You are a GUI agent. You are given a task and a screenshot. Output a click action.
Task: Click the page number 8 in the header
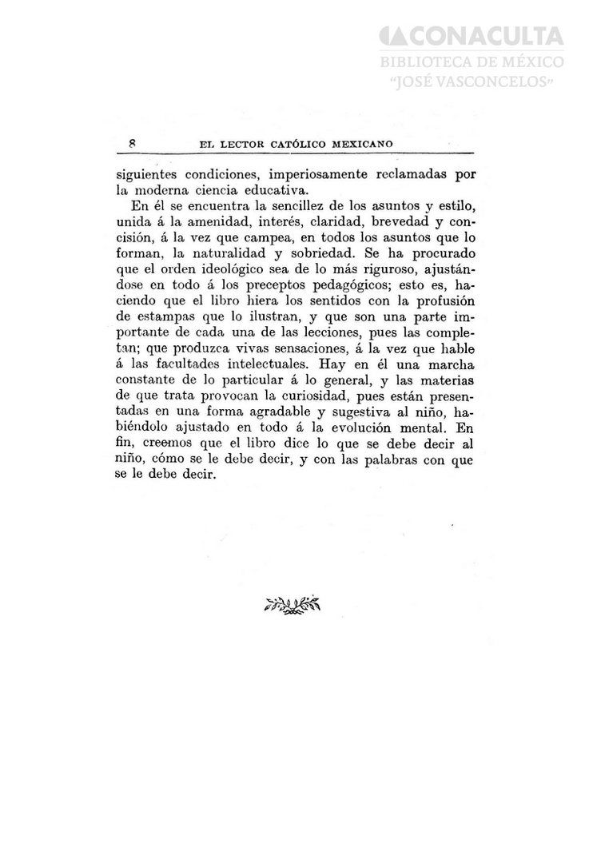tap(130, 144)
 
